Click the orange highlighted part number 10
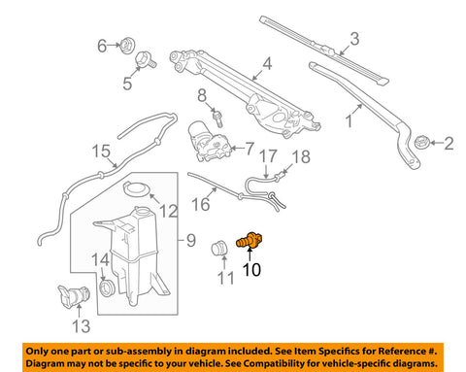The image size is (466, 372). [249, 241]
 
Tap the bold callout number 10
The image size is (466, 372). [251, 270]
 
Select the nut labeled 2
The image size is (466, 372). [422, 142]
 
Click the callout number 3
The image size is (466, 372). [354, 39]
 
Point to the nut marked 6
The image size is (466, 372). [127, 46]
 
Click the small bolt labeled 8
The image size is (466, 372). [218, 119]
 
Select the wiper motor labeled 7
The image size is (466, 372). [209, 142]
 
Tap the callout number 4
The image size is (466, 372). [267, 64]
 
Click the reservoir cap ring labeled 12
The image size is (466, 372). [136, 188]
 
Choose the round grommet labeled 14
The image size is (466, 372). [107, 287]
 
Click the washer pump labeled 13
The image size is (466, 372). [74, 296]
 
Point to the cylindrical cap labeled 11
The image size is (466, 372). [219, 249]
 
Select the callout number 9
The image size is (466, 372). [191, 241]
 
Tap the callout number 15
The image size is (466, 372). [101, 152]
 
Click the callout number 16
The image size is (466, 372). [201, 204]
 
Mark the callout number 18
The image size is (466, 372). [301, 156]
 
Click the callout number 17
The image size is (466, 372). [268, 156]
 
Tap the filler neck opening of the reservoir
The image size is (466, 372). [142, 211]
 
